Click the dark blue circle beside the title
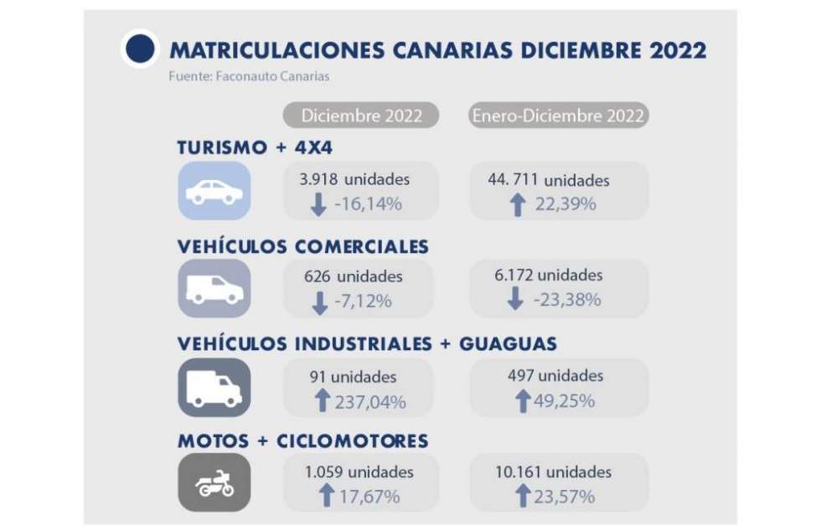coord(140,49)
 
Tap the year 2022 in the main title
coord(678,50)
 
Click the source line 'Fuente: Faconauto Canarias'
coord(249,76)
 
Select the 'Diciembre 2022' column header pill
coord(361,116)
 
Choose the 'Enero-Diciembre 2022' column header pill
coord(558,116)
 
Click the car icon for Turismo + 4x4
coord(214,191)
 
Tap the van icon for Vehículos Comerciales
coord(214,288)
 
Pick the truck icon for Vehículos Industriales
coord(214,387)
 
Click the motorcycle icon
coord(214,483)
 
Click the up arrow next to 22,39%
coord(518,204)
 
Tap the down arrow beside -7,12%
coord(319,302)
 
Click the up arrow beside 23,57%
coord(523,496)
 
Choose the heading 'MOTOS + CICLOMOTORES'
coord(302,441)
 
